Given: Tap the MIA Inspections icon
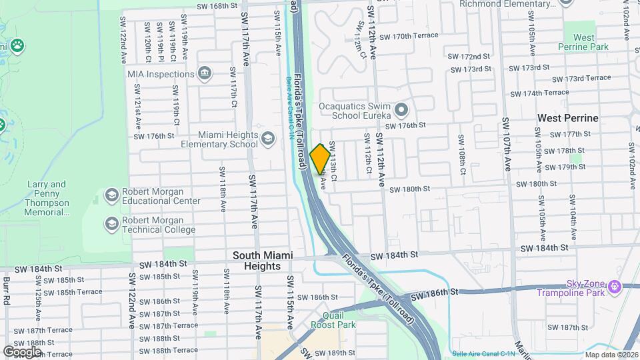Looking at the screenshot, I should point(204,73).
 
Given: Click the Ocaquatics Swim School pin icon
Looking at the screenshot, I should point(401,109).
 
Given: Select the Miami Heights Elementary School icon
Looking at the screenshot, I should point(268,139).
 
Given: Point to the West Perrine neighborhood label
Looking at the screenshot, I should point(568,118).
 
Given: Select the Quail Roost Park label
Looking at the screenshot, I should point(333,320).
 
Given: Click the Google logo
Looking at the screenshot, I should point(21,351).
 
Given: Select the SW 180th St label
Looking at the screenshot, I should point(409,189).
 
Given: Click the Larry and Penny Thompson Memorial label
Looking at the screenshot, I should point(48,199).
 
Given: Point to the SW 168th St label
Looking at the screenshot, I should point(217,6).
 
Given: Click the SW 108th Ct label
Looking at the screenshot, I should point(461,153).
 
